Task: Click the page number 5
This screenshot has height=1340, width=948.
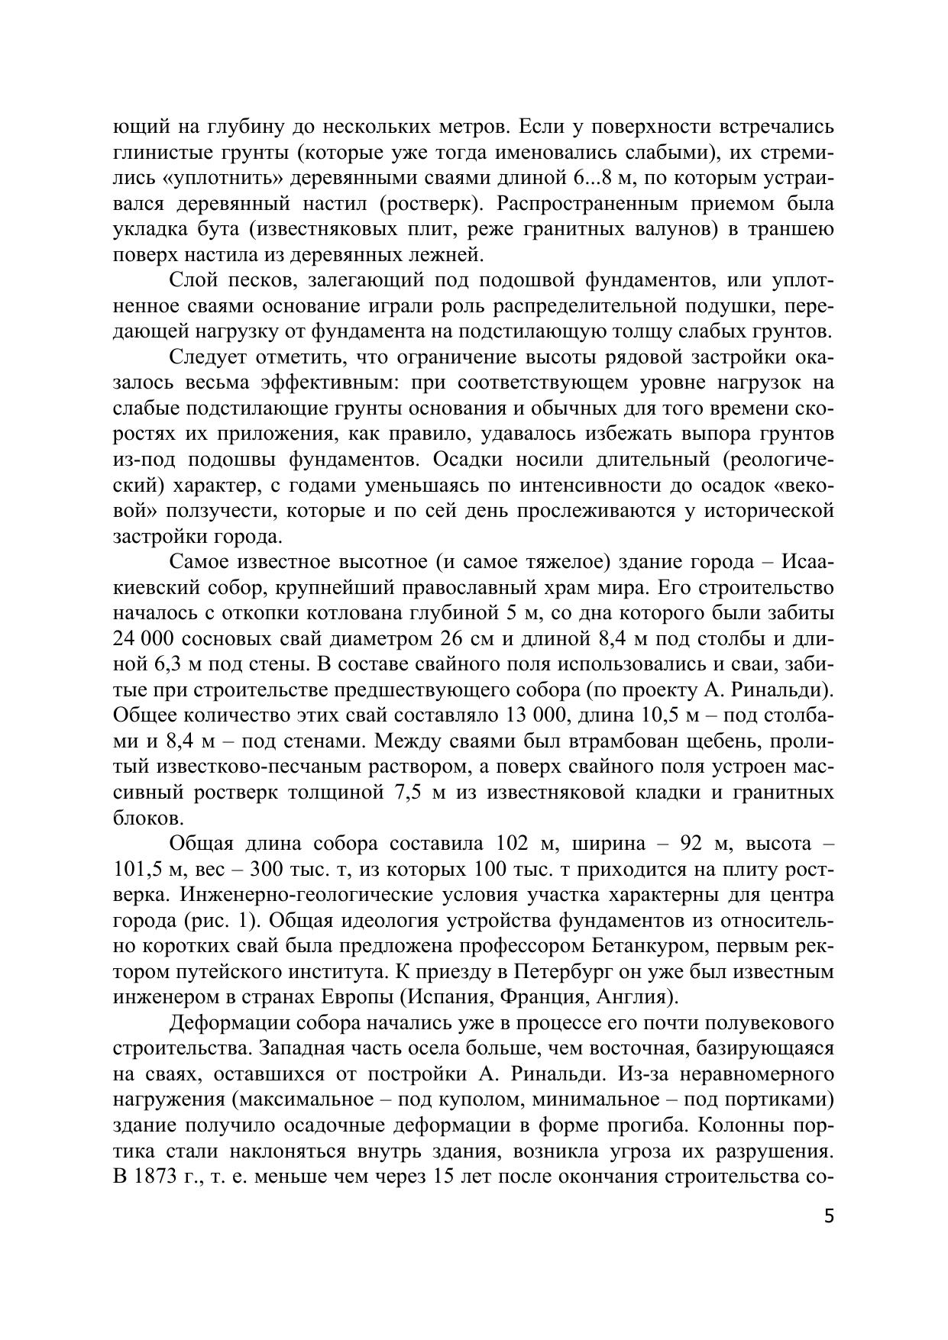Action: coord(829,1216)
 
